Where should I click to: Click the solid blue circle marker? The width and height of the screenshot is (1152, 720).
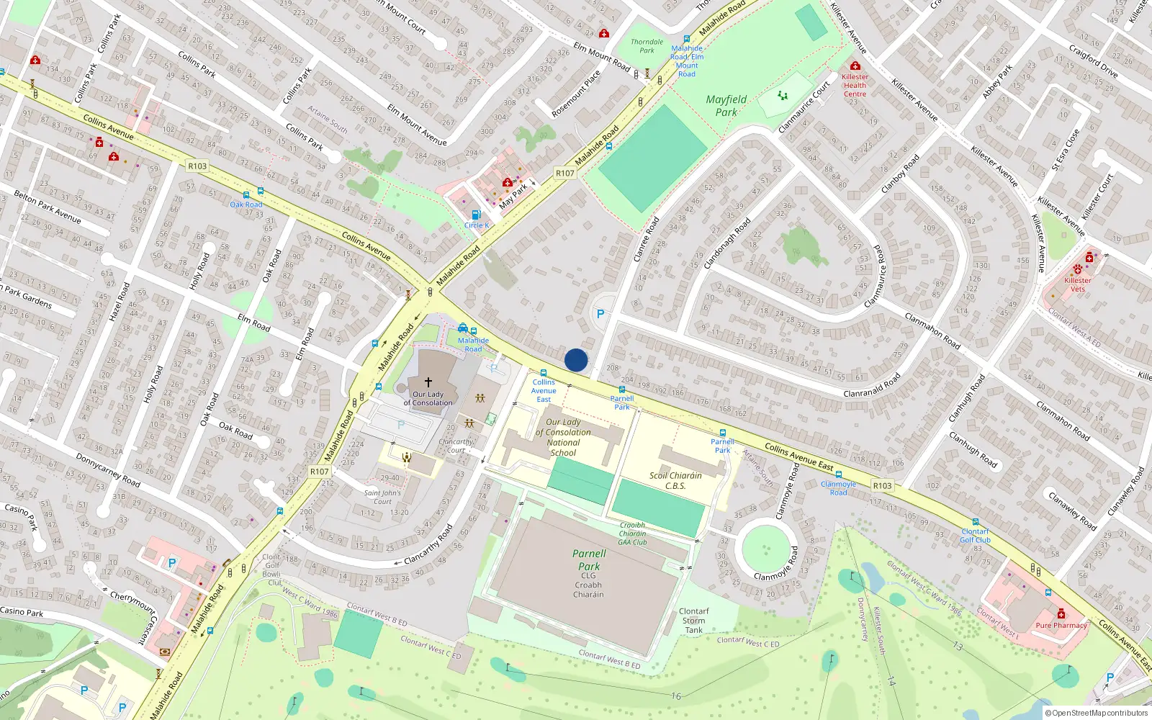[576, 360]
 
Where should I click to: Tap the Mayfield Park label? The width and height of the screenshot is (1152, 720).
[726, 106]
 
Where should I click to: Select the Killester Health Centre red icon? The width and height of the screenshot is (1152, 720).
[855, 66]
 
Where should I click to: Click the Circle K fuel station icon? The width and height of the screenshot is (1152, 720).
[476, 215]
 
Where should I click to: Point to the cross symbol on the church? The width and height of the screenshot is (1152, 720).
[428, 382]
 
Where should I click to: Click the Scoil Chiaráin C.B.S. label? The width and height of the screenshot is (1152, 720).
[675, 480]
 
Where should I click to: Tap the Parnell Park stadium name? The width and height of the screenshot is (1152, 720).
[589, 560]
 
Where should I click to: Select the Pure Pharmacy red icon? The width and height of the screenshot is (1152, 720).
[1061, 613]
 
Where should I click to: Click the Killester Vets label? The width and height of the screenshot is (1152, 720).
[1078, 284]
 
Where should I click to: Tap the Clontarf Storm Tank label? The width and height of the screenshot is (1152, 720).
[693, 621]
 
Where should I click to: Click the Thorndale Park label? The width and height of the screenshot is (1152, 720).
[647, 46]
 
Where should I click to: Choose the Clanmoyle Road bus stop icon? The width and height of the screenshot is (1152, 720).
[839, 475]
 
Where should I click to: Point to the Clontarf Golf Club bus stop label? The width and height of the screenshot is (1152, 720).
[975, 536]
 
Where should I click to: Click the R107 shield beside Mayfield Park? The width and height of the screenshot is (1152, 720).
[565, 173]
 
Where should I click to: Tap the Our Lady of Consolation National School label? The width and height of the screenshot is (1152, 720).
[563, 437]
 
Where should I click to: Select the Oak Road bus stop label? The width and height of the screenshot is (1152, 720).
[246, 204]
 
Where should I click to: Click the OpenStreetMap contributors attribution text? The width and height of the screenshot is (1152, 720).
[1096, 713]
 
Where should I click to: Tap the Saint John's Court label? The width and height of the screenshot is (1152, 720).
[382, 498]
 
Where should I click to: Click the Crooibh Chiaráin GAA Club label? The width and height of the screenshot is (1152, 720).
[632, 534]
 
